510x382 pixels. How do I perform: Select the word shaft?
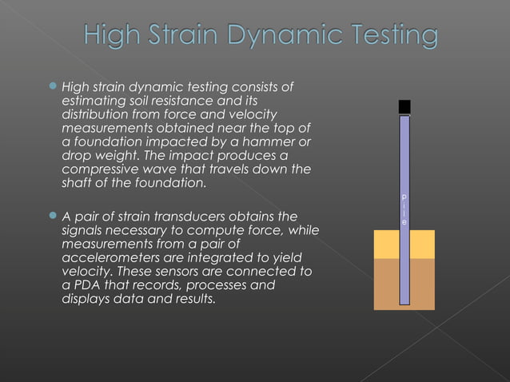point(78,185)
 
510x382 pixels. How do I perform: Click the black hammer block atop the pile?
point(404,107)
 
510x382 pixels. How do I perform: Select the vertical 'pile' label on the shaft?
point(404,208)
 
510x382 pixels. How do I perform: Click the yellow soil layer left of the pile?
point(386,245)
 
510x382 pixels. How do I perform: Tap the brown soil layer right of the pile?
point(422,284)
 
